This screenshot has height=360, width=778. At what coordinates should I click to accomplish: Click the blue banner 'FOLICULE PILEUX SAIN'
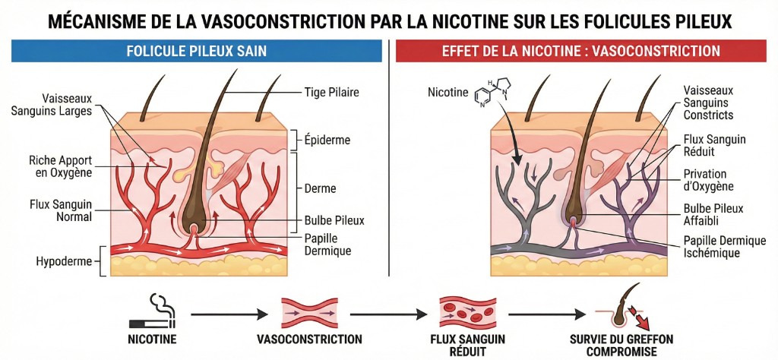pyautogui.click(x=195, y=52)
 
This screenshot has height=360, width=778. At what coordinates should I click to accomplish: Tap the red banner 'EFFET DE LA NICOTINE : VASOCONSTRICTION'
pyautogui.click(x=581, y=52)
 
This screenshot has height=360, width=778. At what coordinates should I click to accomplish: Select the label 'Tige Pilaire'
pyautogui.click(x=332, y=93)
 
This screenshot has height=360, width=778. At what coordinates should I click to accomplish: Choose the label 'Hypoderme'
pyautogui.click(x=63, y=261)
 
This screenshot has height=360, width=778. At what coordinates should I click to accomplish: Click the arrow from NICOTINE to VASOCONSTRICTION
pyautogui.click(x=228, y=313)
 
